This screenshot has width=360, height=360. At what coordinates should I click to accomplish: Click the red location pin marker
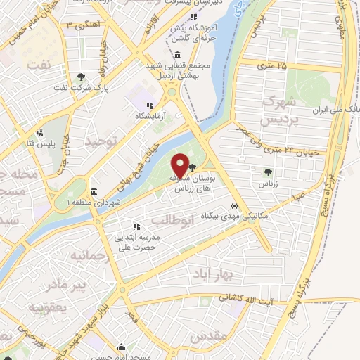[x=181, y=165]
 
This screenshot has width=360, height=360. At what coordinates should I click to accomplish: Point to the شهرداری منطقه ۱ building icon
[x=94, y=192]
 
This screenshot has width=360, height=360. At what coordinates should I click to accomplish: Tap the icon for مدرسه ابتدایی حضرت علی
[x=136, y=226]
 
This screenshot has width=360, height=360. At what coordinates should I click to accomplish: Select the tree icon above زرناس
[x=268, y=172]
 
